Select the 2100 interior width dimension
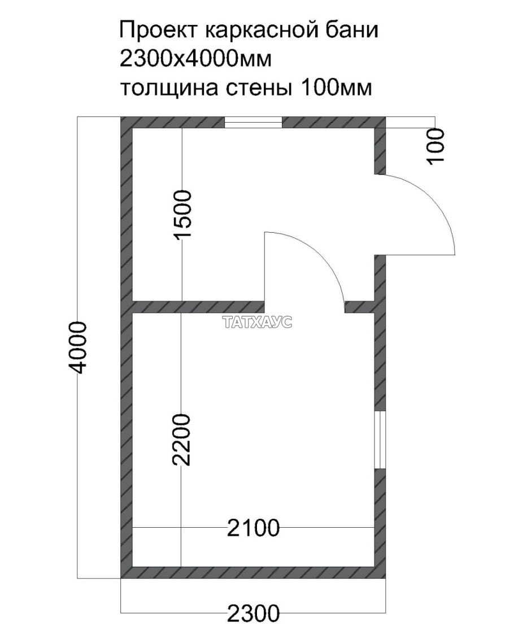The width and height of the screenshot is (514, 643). [x=254, y=528]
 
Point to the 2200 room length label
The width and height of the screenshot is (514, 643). [x=182, y=440]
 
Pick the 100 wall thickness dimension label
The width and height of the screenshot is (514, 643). [x=435, y=146]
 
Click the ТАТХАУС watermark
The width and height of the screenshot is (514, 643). [x=258, y=323]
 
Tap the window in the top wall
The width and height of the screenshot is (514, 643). [x=253, y=122]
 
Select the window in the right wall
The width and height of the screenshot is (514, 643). [x=380, y=440]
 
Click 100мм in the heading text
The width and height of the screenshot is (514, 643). [x=337, y=88]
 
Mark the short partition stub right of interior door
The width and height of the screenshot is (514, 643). [x=359, y=307]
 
